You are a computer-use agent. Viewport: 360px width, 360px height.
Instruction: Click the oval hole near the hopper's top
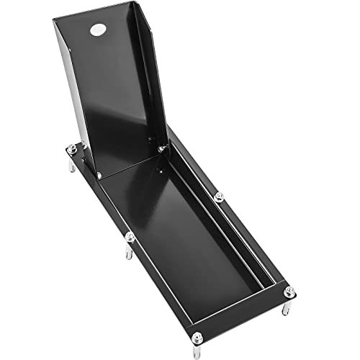coord(97,30)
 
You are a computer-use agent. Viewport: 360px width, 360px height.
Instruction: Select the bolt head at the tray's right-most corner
coord(289,292)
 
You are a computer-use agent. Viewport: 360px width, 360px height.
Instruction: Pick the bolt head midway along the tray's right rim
coord(219,196)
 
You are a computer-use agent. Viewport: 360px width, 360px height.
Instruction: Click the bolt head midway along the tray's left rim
coord(130,236)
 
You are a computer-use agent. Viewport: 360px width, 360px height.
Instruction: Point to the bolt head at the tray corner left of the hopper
coord(71,149)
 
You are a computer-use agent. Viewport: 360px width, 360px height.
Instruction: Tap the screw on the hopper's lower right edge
coord(163,147)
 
